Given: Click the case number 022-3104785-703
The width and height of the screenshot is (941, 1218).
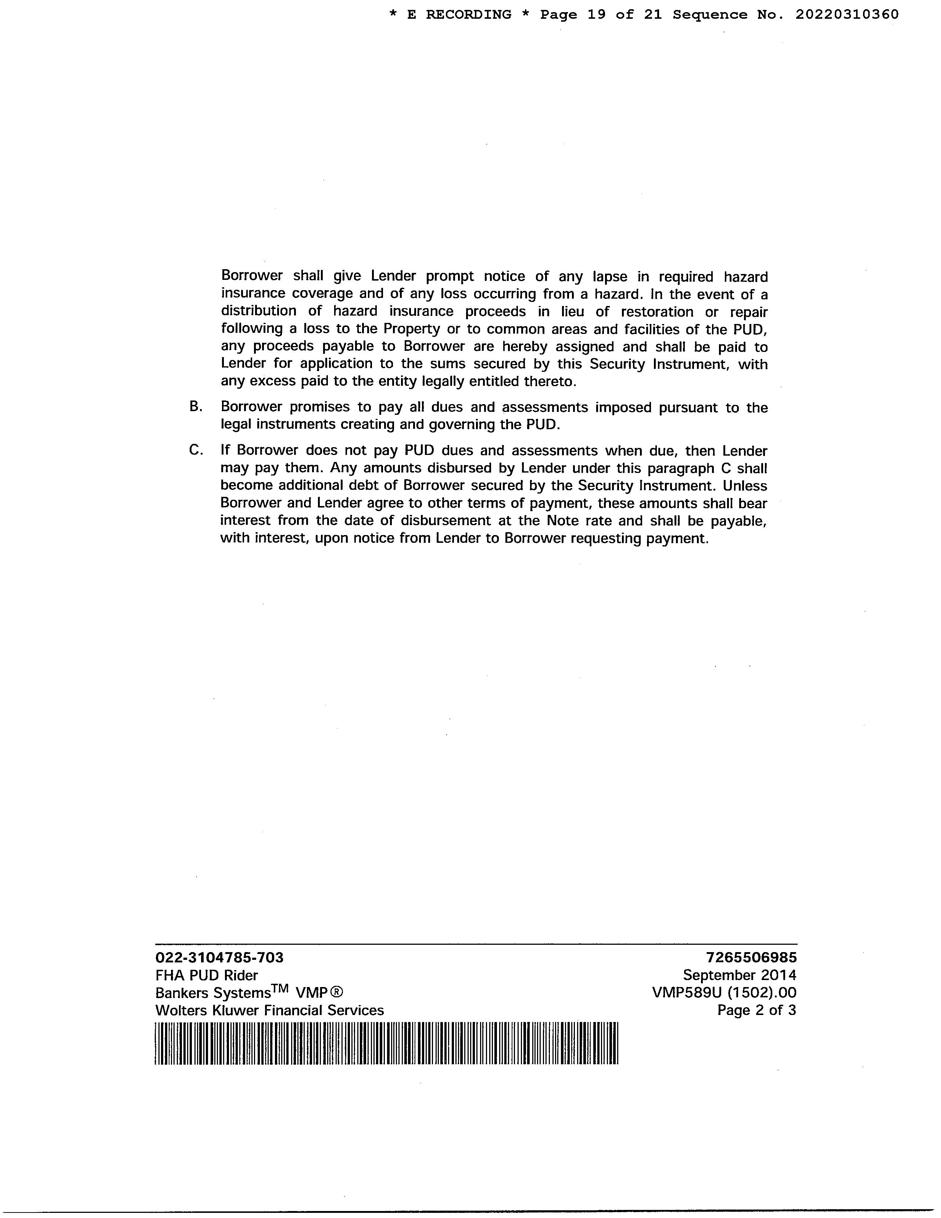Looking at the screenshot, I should point(219,958).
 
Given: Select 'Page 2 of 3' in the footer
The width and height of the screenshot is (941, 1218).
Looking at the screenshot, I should point(756,1010).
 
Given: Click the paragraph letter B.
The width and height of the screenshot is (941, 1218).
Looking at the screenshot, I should point(195,407).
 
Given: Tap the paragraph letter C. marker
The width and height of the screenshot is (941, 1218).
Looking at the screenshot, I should point(195,450).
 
